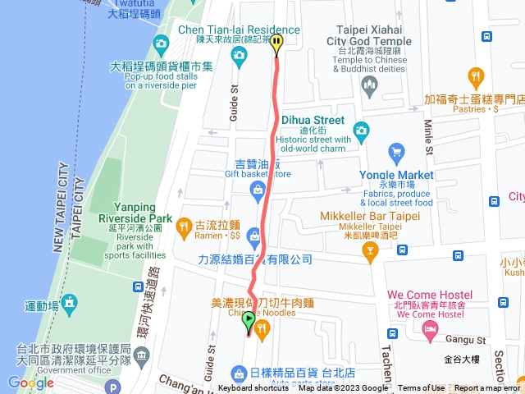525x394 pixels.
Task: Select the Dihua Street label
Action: click(x=313, y=120)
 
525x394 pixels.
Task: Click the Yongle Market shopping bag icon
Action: click(x=397, y=152)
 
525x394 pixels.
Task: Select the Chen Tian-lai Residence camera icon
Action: click(x=240, y=57)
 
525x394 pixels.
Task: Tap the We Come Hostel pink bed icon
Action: click(x=429, y=329)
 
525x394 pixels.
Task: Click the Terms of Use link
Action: click(x=422, y=388)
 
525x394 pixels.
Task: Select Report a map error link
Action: click(x=487, y=388)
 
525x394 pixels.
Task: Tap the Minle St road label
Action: click(x=428, y=135)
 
